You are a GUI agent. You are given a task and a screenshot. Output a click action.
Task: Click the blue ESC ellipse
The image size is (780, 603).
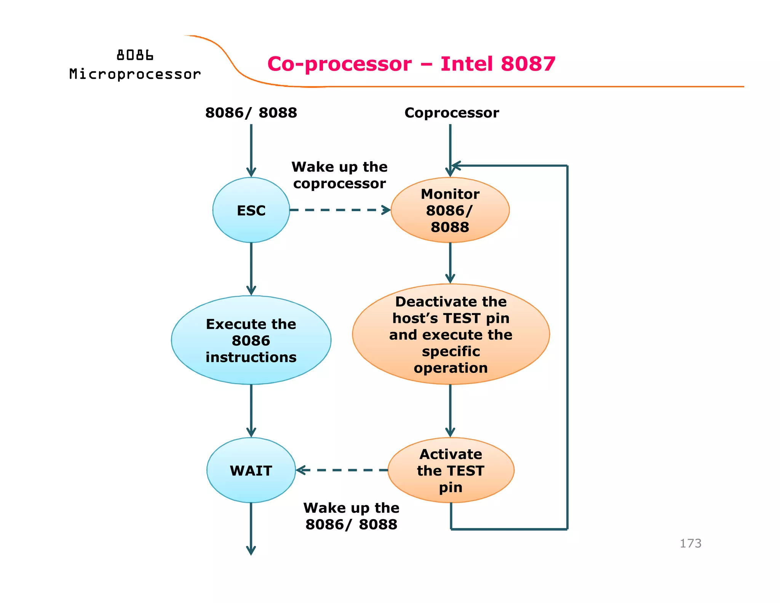251,210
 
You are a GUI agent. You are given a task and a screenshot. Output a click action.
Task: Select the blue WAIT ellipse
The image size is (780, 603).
251,470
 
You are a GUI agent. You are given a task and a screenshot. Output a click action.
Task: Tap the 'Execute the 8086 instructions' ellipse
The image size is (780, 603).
251,340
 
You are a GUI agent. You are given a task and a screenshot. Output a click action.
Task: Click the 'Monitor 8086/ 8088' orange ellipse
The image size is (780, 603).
450,210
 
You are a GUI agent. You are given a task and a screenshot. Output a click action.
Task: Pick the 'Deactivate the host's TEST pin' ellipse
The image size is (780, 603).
451,334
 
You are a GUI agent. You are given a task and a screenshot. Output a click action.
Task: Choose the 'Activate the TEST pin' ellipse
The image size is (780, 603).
451,470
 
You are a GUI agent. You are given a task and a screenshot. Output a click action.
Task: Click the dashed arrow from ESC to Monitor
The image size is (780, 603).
339,210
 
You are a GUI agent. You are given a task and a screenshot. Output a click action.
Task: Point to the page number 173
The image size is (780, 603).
690,543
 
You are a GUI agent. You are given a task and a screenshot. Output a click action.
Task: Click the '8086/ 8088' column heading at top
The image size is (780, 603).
251,113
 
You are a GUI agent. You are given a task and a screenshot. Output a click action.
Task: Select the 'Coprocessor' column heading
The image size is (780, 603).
452,113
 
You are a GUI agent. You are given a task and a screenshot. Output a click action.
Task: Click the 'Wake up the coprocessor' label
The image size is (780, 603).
339,175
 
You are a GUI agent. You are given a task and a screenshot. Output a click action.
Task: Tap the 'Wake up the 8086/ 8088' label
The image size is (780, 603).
351,516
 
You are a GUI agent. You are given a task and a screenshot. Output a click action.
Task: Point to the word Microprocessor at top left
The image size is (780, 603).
135,74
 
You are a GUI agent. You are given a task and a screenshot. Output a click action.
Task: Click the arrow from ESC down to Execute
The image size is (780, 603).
251,269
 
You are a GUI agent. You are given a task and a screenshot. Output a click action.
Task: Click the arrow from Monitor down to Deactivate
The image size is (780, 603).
450,263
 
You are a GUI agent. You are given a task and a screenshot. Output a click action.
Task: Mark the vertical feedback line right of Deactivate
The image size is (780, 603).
567,343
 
